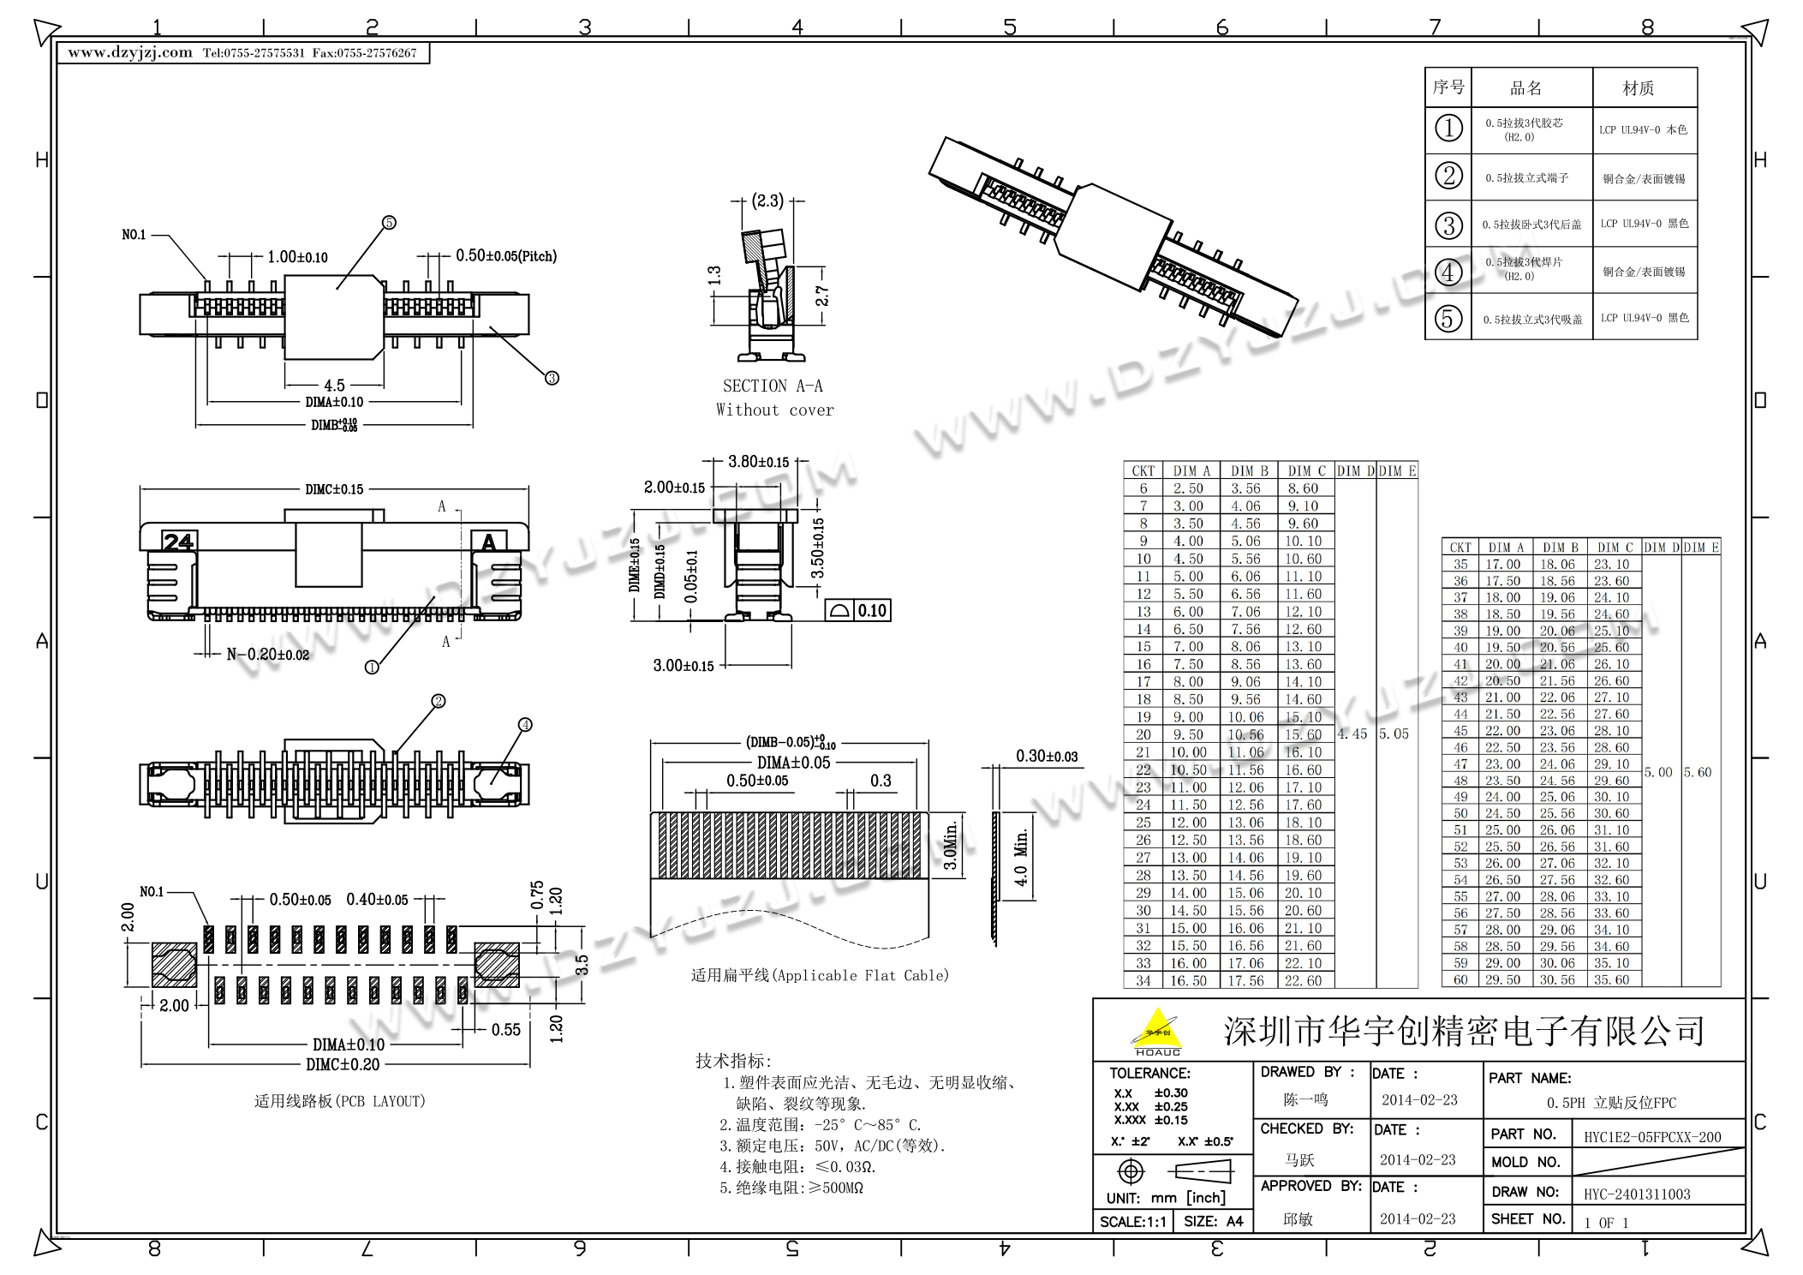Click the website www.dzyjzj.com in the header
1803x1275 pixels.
(130, 53)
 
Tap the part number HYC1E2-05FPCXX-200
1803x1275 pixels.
(1652, 1137)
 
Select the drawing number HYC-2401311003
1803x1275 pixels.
(1637, 1194)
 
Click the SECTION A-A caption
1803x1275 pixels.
(773, 386)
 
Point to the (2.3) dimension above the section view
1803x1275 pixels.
(767, 201)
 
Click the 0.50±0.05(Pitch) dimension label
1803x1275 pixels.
(506, 256)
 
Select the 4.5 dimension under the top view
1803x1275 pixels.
(334, 386)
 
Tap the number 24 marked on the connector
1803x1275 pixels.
(179, 542)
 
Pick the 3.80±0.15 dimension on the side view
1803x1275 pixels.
(758, 462)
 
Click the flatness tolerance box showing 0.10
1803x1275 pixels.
(857, 610)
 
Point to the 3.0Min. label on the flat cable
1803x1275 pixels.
(950, 845)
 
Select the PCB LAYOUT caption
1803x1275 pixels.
(340, 1101)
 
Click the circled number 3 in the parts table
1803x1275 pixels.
(1448, 225)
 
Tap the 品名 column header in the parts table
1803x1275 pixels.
(1525, 88)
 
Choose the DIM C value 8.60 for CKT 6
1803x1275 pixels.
(1303, 488)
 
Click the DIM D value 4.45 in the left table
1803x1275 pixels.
(1352, 734)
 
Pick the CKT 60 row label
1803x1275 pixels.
(1460, 979)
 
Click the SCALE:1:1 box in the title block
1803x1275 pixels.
(1132, 1221)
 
